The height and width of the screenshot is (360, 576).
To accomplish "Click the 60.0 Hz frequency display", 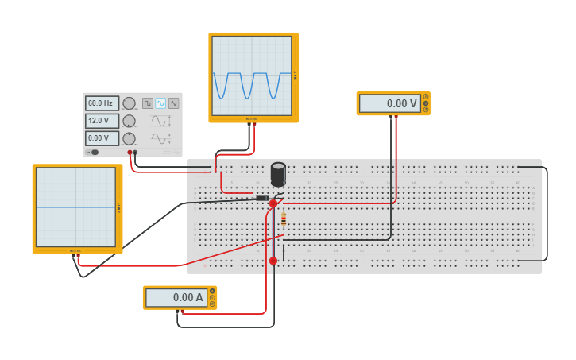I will pos(102,103).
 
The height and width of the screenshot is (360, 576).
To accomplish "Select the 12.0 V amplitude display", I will pos(102,121).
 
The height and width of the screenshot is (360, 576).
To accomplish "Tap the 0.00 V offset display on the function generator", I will pos(102,138).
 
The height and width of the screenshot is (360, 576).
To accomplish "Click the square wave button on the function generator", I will pos(148,103).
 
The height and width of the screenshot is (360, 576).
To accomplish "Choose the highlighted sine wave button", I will pos(160,103).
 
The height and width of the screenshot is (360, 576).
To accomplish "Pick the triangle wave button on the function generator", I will pos(173,103).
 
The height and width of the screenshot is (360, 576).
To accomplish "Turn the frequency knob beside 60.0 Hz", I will pos(129,103).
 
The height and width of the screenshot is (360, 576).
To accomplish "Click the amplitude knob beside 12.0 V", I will pos(129,121).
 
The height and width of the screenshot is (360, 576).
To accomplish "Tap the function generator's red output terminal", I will pos(130,153).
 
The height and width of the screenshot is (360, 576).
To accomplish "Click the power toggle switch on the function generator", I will pos(93,152).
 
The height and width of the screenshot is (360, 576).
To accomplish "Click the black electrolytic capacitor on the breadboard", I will pos(278,174).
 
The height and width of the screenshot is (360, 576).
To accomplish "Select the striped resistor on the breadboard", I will pos(284,219).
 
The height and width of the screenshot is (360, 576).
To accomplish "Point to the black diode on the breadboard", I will pos(262,197).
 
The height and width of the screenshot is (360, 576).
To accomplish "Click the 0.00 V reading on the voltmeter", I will pos(390,103).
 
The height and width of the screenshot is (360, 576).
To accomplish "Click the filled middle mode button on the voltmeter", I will pos(426,103).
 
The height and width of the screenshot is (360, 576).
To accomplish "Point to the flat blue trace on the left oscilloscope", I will pos(75,207).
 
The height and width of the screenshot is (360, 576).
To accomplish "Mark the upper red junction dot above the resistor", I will pos(273,203).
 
